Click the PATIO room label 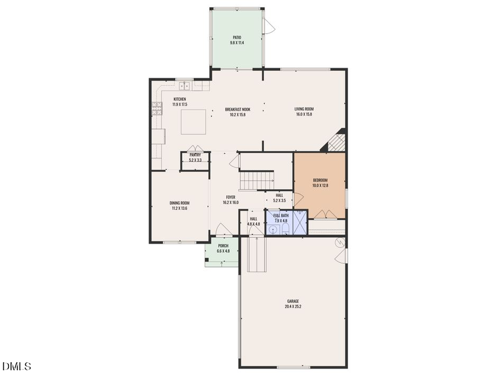pyautogui.click(x=237, y=38)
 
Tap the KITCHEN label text pyautogui.click(x=180, y=99)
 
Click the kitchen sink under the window pyautogui.click(x=185, y=86)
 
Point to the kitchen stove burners pyautogui.click(x=156, y=107)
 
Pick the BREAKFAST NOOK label pyautogui.click(x=237, y=109)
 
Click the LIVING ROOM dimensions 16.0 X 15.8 pyautogui.click(x=304, y=114)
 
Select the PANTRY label pyautogui.click(x=195, y=155)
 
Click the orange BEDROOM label pyautogui.click(x=320, y=180)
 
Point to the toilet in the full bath pyautogui.click(x=286, y=228)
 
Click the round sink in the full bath pyautogui.click(x=273, y=229)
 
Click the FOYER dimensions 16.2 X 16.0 pyautogui.click(x=230, y=203)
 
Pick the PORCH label pyautogui.click(x=223, y=246)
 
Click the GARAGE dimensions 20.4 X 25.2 pyautogui.click(x=292, y=306)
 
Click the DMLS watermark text pyautogui.click(x=17, y=366)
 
